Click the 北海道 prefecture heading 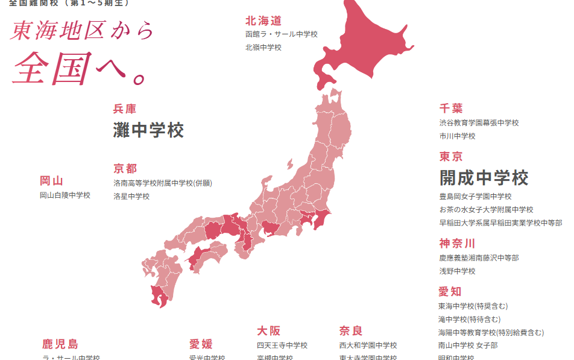(263, 21)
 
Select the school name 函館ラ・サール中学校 (281, 34)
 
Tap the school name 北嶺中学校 (263, 48)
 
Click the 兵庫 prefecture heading (125, 109)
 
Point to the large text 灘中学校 (148, 130)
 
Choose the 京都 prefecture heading (125, 169)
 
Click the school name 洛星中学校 (131, 197)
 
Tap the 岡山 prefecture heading (52, 181)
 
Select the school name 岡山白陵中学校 (65, 195)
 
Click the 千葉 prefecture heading (451, 109)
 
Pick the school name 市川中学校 (457, 136)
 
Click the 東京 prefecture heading (451, 157)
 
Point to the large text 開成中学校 (484, 178)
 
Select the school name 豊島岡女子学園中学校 (475, 197)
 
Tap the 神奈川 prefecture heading (457, 244)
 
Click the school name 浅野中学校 (457, 271)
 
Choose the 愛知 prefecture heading (450, 292)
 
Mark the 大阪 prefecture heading (269, 331)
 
